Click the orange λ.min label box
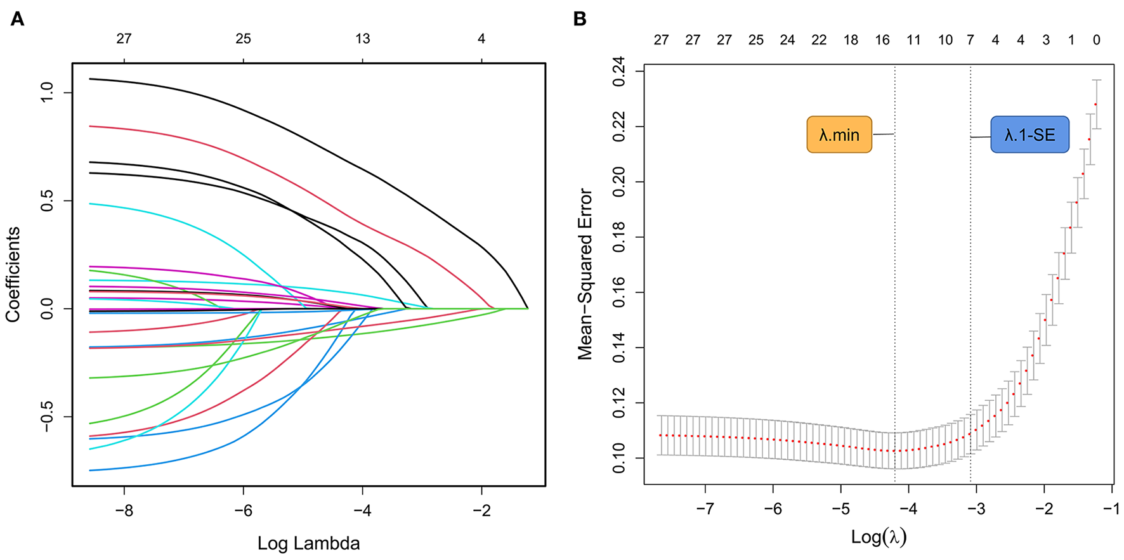coord(839,134)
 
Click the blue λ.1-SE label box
coord(1029,134)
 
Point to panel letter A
coord(17,19)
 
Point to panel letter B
coord(579,19)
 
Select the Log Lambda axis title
coord(308,544)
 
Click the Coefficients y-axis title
coord(14,274)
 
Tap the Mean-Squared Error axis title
coord(585,274)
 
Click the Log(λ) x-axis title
coord(879,538)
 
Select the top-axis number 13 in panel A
coord(362,39)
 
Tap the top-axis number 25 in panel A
coord(243,39)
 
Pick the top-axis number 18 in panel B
coord(851,40)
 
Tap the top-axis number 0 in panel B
coord(1096,40)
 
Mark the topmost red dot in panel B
coord(1095,104)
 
